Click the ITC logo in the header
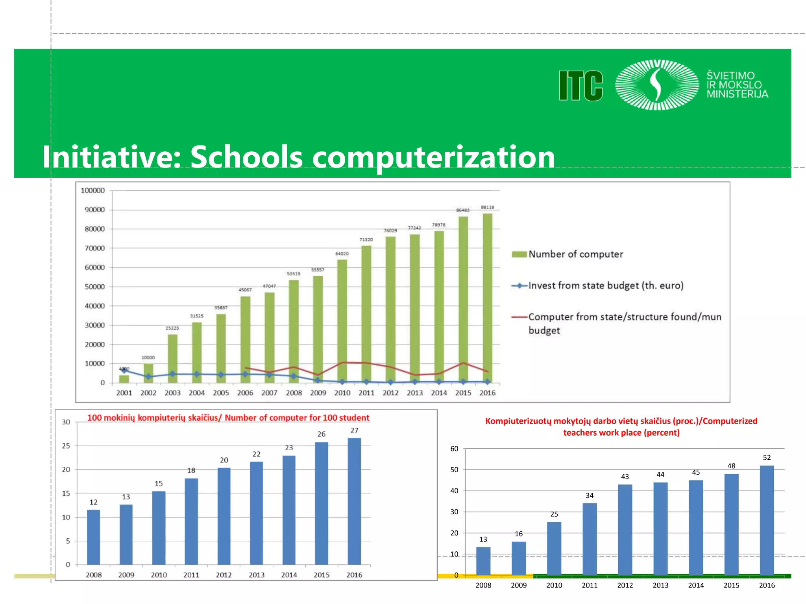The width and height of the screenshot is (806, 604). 580,86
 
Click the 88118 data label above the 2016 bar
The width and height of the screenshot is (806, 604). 487,207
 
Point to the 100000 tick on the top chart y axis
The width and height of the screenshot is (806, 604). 93,191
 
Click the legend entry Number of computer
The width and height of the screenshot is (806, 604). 575,254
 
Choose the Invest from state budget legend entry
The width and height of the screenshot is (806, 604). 605,286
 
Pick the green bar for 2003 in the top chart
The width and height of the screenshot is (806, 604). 172,358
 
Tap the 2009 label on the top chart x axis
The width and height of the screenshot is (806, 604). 318,393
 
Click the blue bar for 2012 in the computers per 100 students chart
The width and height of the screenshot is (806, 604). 224,516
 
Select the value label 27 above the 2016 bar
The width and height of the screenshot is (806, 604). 354,431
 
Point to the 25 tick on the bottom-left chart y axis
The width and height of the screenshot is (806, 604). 66,446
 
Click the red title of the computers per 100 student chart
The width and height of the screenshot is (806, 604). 228,418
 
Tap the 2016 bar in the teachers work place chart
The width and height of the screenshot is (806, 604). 767,520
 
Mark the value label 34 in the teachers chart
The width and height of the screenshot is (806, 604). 590,495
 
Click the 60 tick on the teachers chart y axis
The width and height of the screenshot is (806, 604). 454,449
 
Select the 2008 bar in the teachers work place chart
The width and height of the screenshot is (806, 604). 483,561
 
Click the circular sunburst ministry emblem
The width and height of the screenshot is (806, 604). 656,85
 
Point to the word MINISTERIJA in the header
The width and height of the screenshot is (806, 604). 737,94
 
